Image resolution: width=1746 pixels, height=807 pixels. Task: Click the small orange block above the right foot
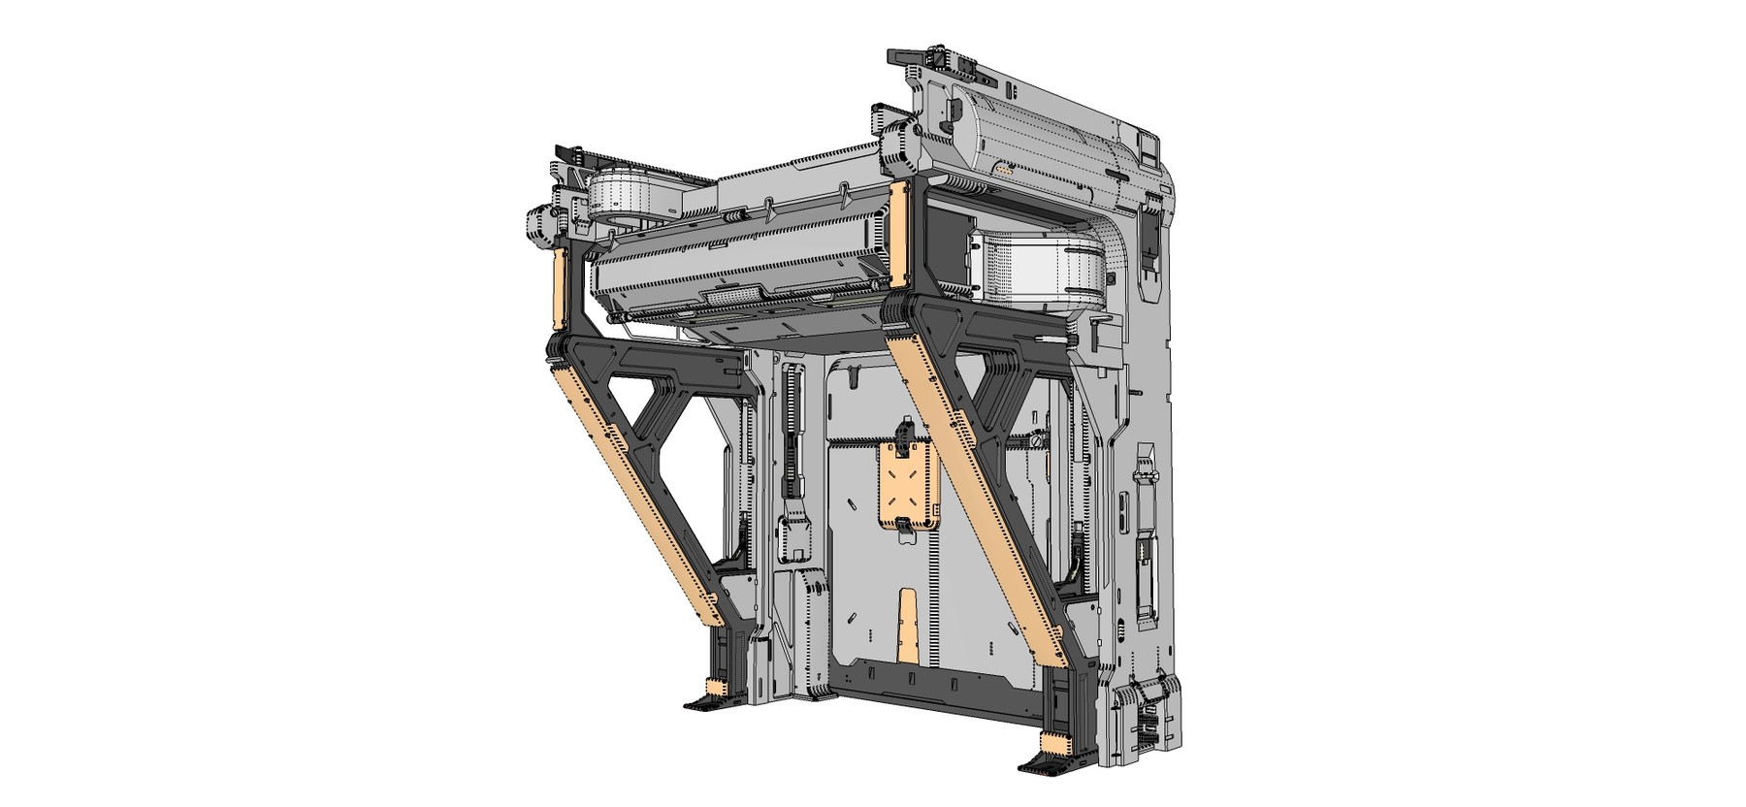[x=1054, y=743]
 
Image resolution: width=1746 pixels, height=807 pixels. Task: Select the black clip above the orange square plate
[x=905, y=431]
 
